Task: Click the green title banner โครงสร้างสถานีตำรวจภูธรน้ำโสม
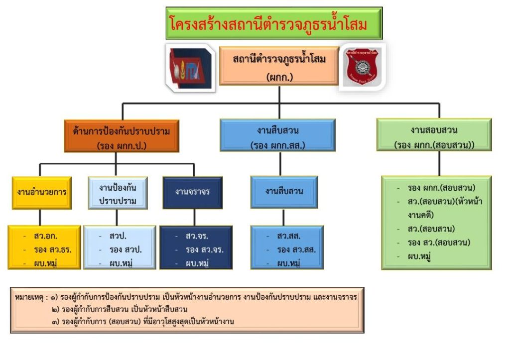pos(274,23)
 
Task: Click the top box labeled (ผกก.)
pos(279,66)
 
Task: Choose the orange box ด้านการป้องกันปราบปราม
pos(121,135)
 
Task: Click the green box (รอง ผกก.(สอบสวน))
pos(434,135)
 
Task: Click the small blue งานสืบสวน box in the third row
pos(284,192)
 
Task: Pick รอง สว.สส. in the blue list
pos(296,249)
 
